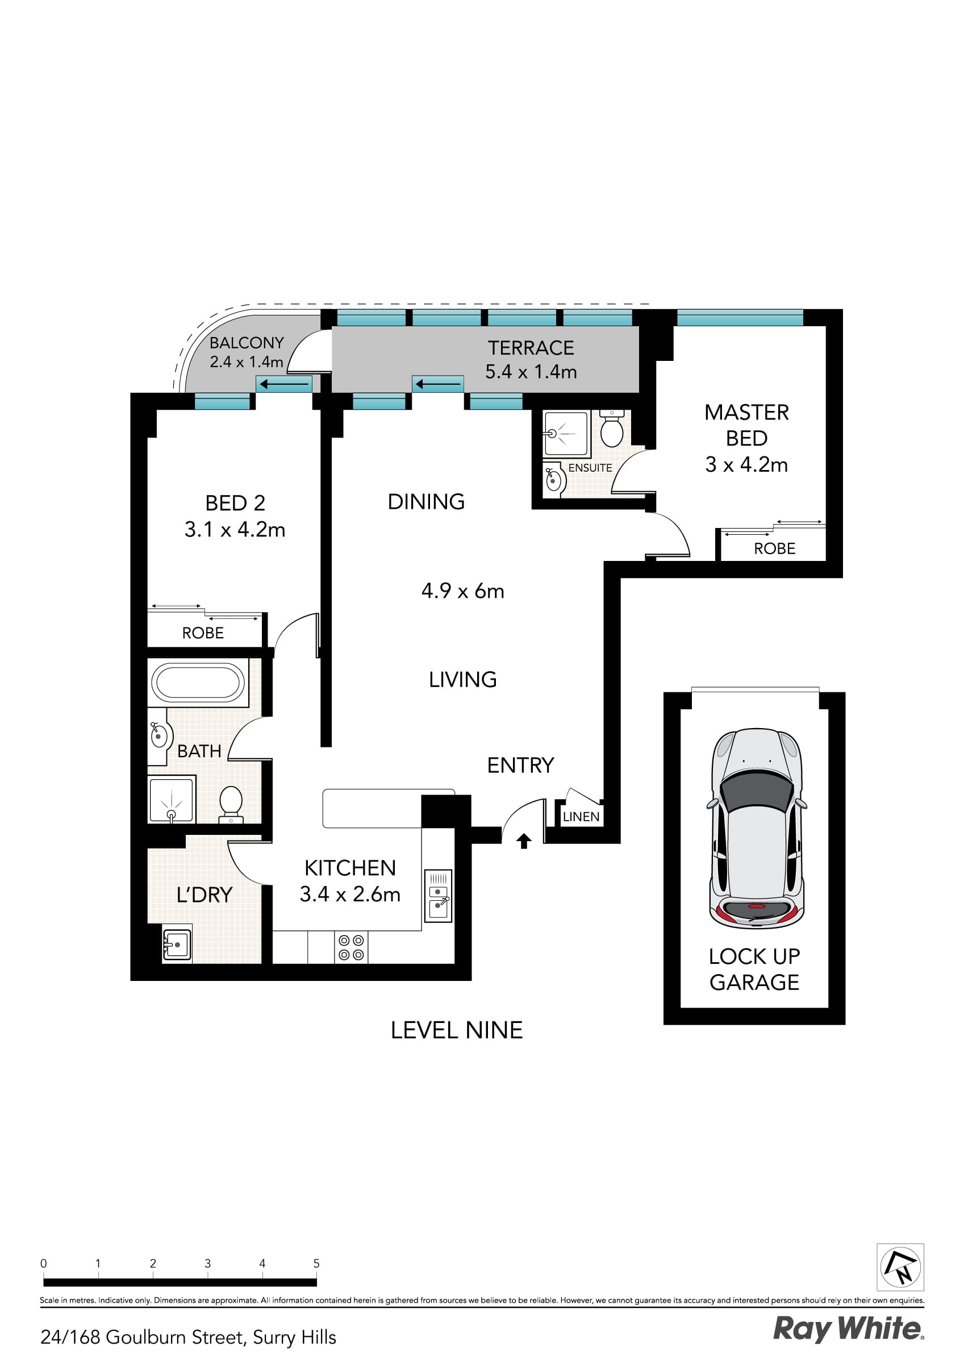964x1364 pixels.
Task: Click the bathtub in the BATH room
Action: [198, 682]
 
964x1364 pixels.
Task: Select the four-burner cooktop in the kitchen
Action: [350, 947]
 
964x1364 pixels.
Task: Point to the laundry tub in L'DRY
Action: [177, 943]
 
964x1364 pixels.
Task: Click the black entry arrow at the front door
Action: [523, 841]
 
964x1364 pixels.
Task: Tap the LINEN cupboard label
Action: [581, 817]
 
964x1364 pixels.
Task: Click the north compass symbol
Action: [900, 1267]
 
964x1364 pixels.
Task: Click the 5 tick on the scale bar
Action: [316, 1263]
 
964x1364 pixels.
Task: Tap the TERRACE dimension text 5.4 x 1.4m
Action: [531, 372]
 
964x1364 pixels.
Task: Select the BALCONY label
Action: [247, 343]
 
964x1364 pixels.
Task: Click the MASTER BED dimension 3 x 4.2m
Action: [746, 464]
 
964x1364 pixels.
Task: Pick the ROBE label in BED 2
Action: [203, 633]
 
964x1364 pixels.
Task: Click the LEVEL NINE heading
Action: [456, 1029]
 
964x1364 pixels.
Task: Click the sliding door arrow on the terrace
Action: [438, 384]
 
